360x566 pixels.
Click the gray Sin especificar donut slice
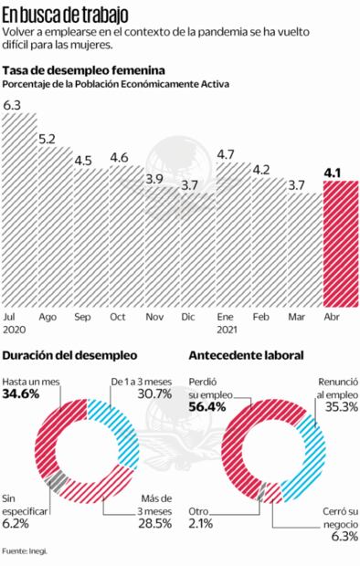[55, 480]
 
